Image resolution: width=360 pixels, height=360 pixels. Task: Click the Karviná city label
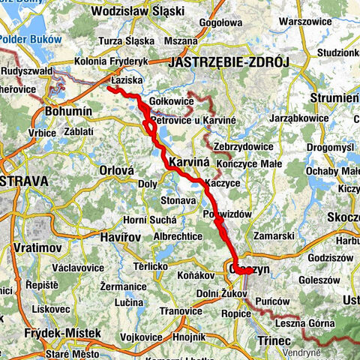pos(187,162)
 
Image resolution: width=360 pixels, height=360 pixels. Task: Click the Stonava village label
pos(178,200)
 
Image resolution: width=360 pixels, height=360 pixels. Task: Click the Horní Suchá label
pos(151,220)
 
